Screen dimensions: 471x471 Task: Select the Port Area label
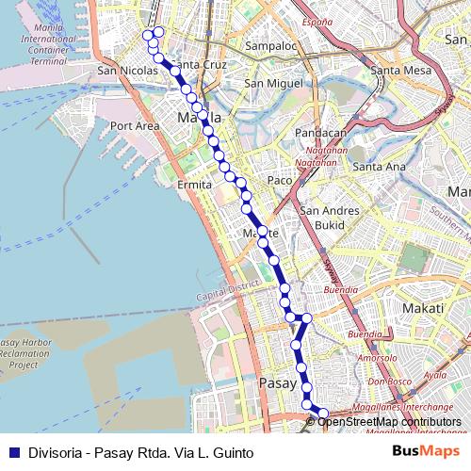pyautogui.click(x=135, y=125)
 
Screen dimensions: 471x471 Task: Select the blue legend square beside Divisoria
pyautogui.click(x=14, y=453)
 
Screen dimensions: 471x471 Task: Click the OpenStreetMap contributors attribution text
pyautogui.click(x=389, y=422)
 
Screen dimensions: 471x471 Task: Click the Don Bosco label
pyautogui.click(x=384, y=382)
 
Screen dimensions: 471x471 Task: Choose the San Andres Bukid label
pyautogui.click(x=330, y=219)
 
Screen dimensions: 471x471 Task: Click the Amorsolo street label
pyautogui.click(x=378, y=359)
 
